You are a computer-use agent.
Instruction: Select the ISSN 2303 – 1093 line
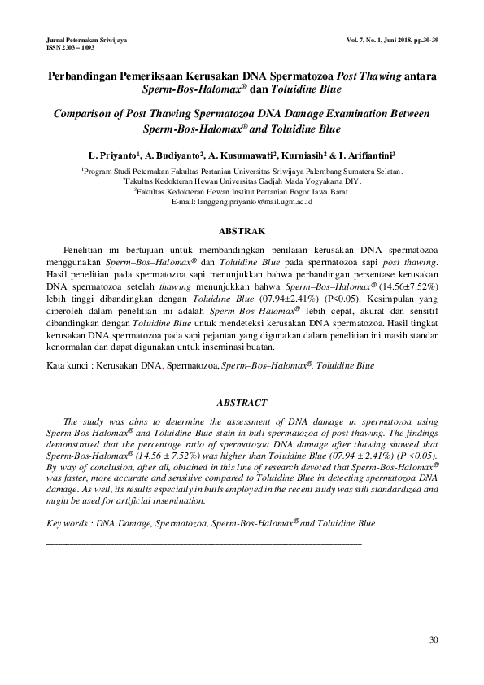click(71, 47)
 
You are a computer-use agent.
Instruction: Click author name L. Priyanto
click(111, 154)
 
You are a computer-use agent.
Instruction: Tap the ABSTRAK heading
click(242, 232)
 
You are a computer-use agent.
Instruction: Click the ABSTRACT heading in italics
click(242, 403)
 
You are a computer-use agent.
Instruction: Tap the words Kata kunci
click(67, 366)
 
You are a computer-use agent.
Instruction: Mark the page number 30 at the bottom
click(434, 640)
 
